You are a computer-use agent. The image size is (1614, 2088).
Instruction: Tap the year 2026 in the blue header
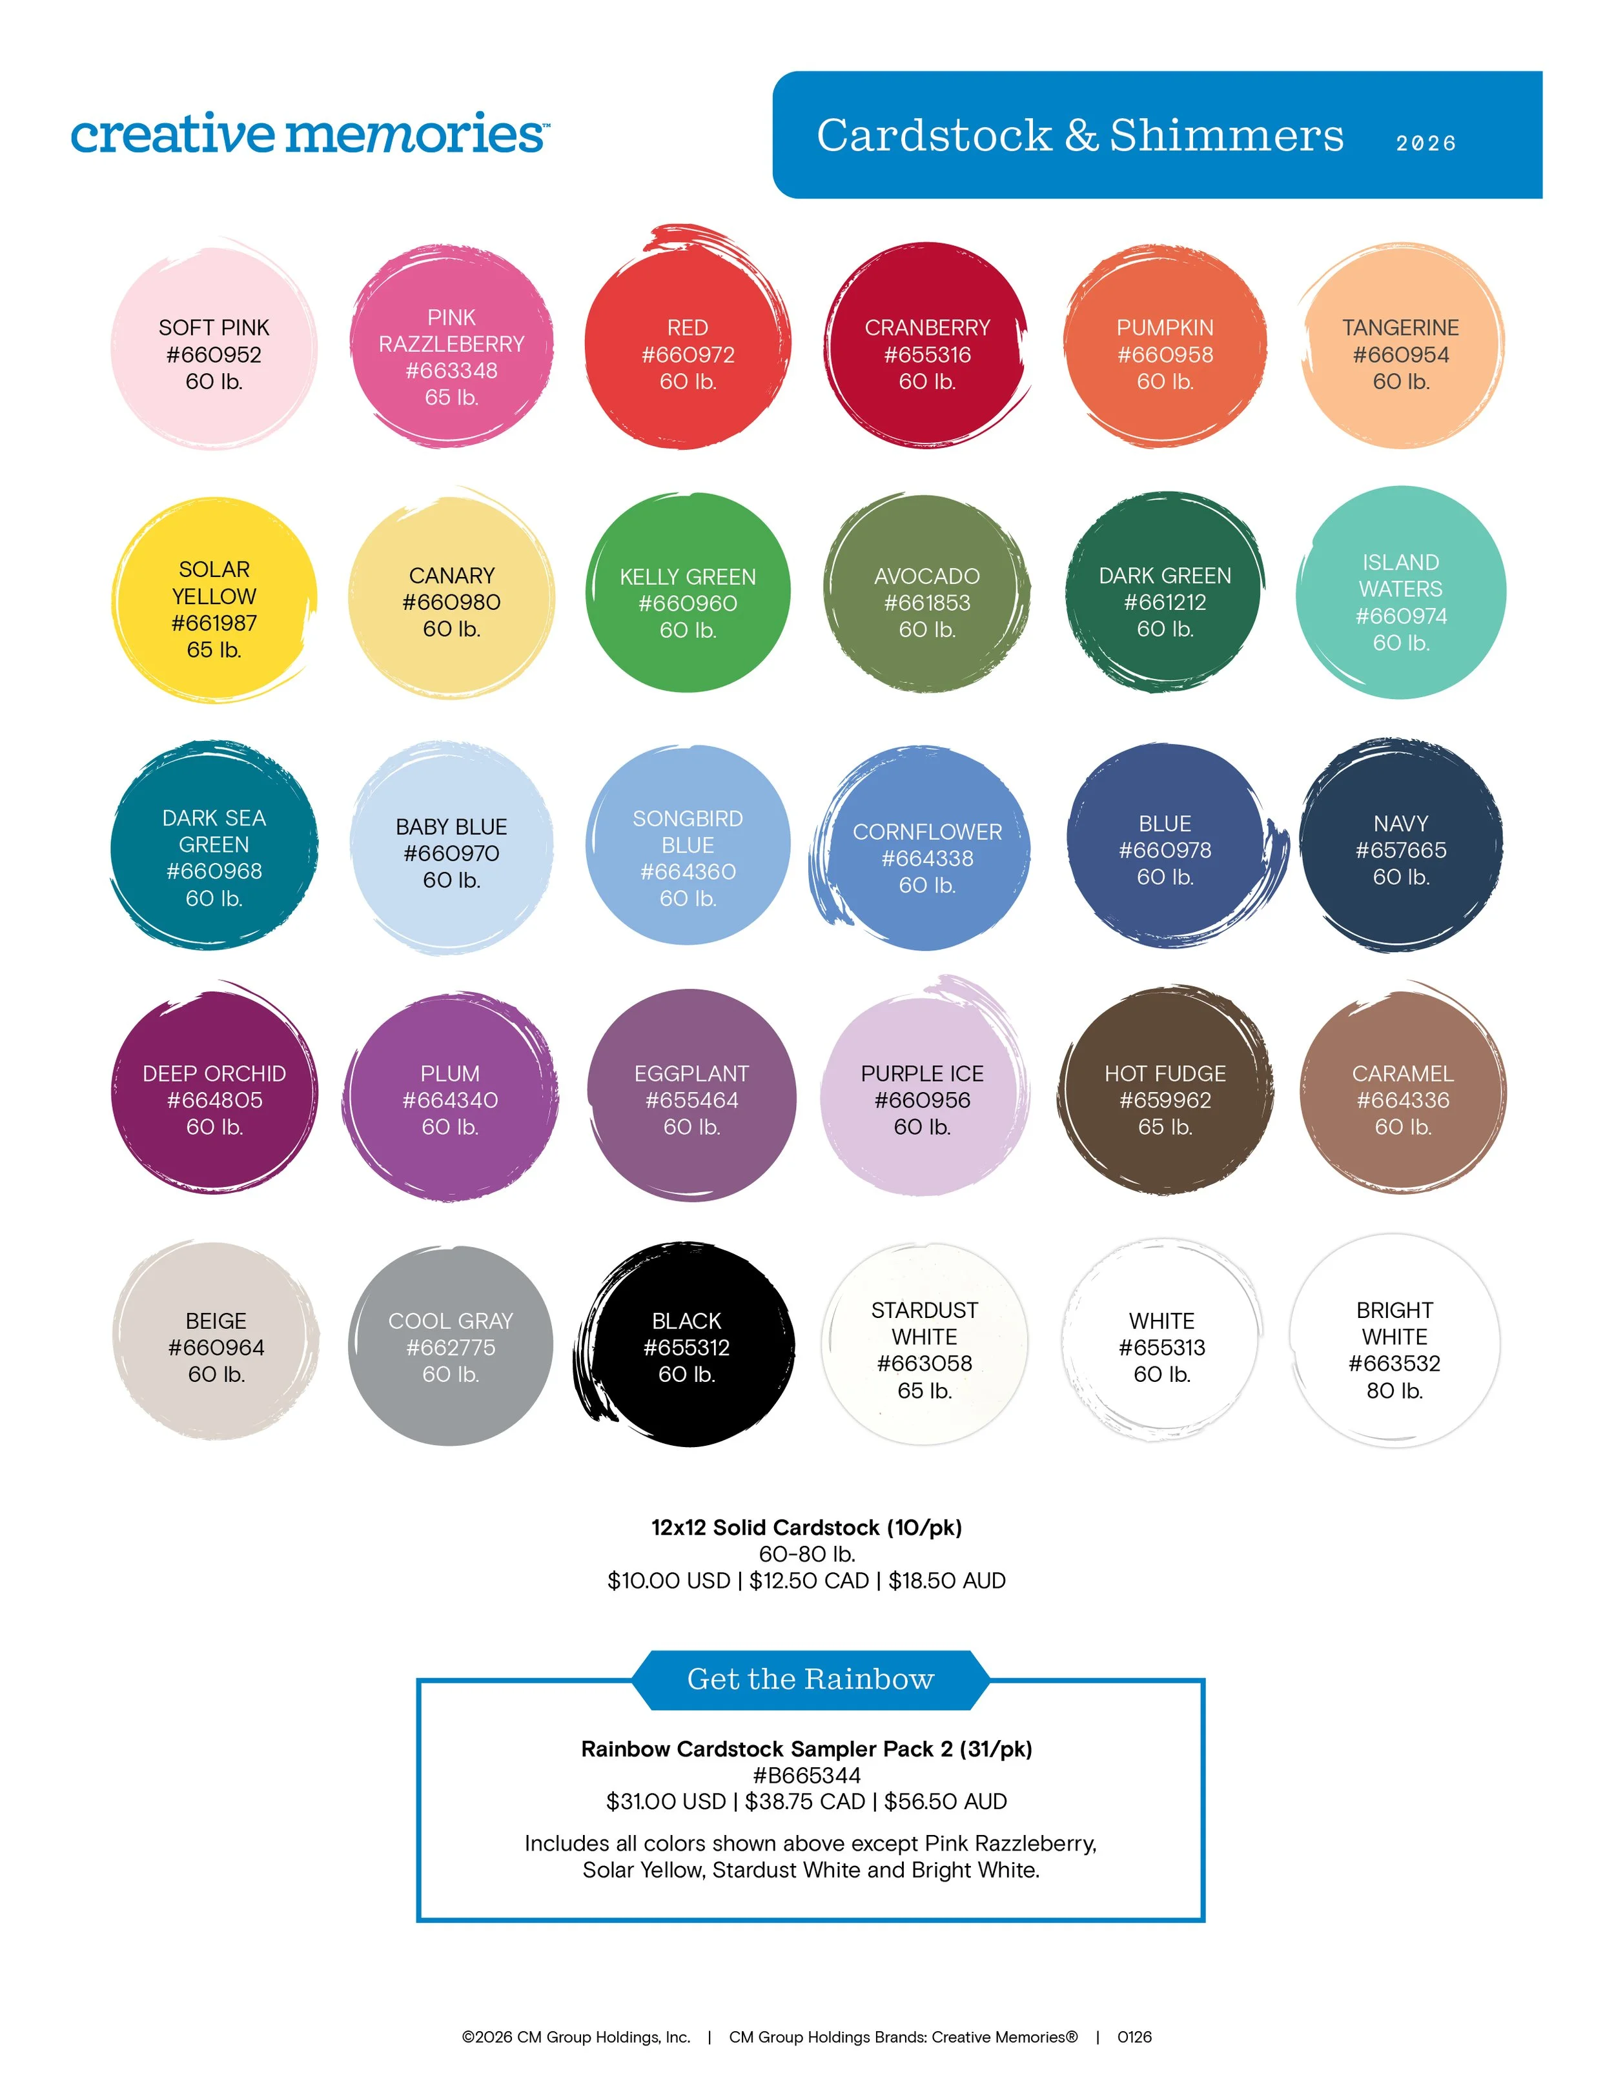1425,143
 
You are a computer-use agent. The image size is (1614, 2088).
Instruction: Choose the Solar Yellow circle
214,600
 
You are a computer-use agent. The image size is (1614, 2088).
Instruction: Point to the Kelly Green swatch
688,593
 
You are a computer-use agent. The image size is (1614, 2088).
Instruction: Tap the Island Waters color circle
1401,593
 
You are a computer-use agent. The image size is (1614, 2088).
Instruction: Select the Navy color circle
1401,846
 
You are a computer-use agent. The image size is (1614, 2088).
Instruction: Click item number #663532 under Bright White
1394,1363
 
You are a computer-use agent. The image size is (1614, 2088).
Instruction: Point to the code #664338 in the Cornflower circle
926,858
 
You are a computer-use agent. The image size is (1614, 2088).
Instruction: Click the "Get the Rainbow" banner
810,1679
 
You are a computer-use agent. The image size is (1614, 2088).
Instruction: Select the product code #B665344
806,1776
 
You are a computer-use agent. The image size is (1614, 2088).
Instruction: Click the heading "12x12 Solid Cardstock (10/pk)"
806,1527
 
